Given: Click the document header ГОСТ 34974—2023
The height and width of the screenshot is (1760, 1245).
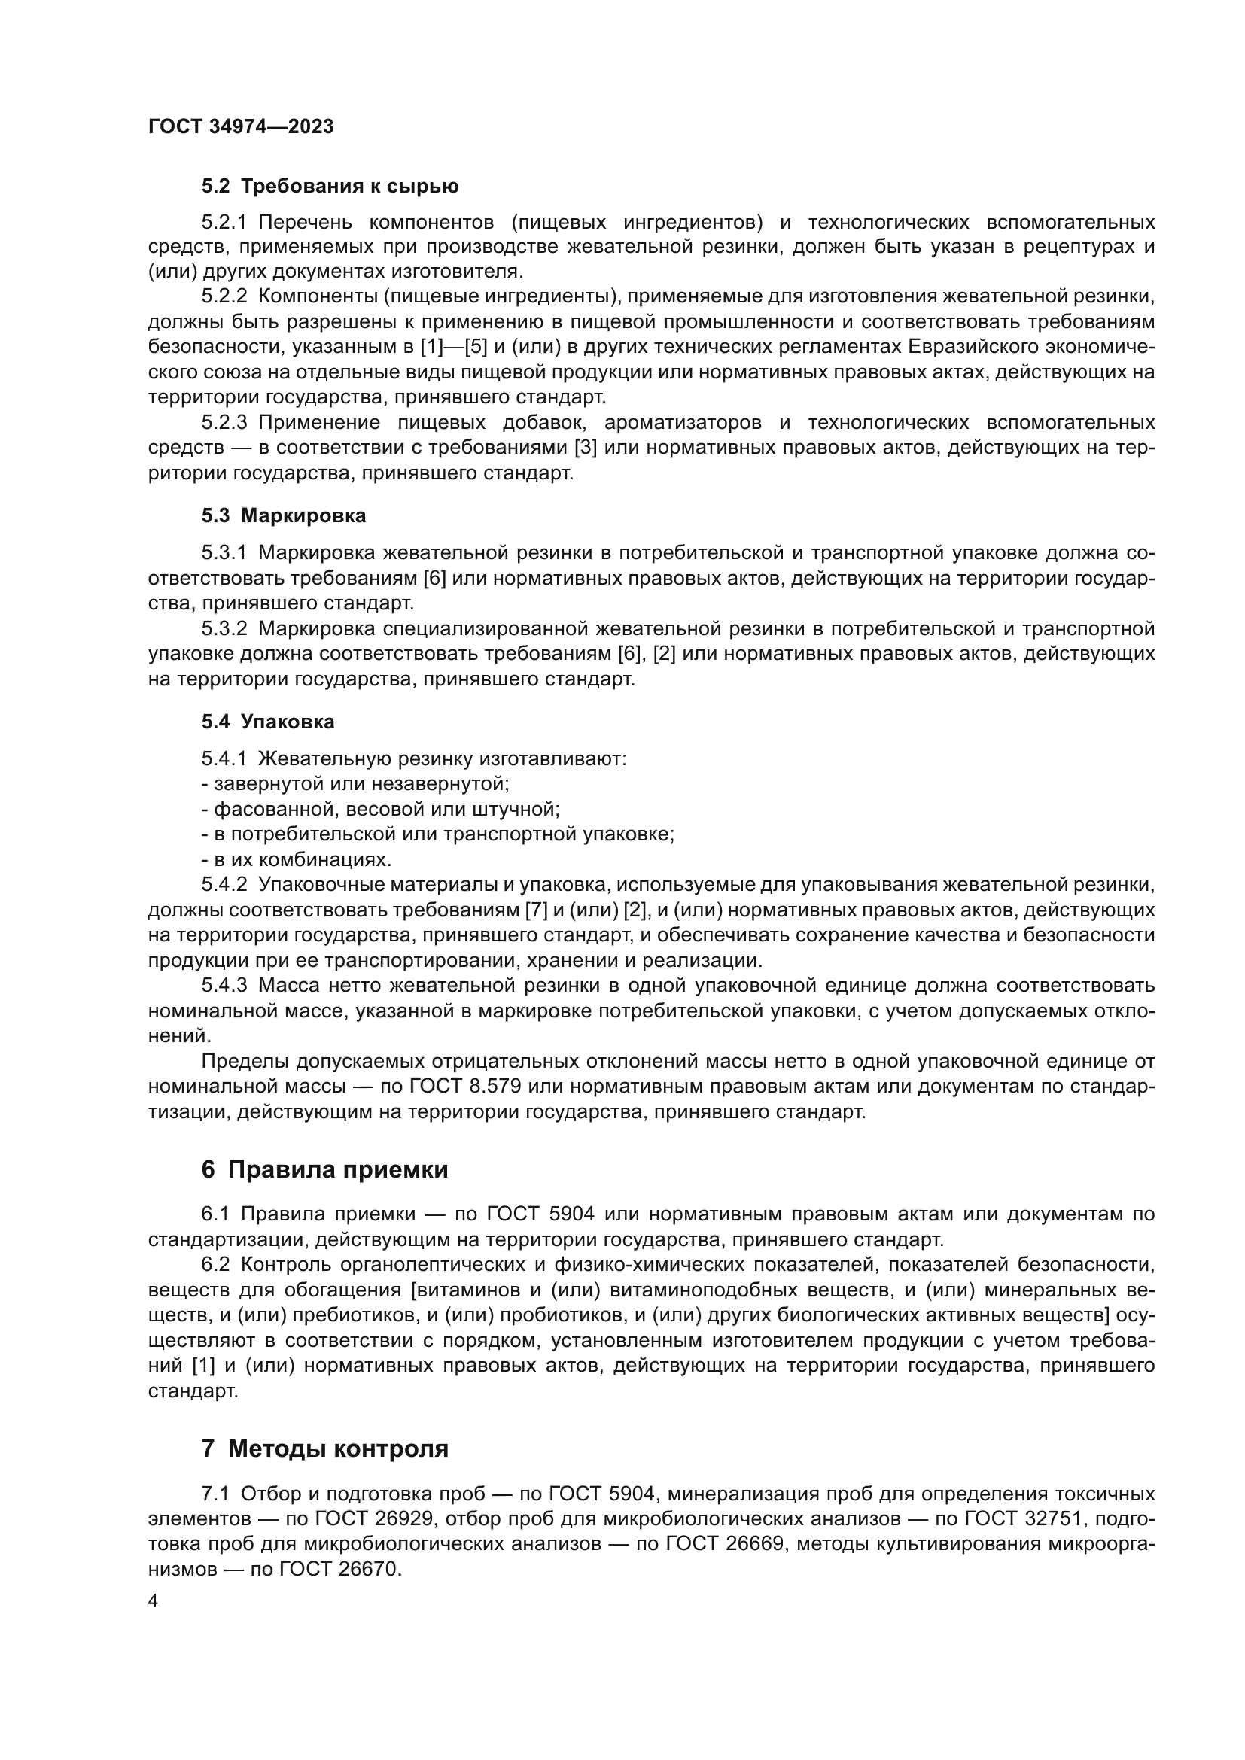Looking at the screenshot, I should point(241,127).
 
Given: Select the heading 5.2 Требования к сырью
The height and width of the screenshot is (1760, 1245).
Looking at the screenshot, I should point(330,187).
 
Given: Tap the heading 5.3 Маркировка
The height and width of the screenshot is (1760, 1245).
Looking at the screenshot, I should point(284,516).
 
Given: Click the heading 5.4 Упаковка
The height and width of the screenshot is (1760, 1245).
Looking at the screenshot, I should point(267,722).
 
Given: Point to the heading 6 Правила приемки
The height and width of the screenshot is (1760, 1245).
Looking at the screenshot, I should point(324,1170).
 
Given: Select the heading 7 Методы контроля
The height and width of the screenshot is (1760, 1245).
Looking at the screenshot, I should point(324,1449).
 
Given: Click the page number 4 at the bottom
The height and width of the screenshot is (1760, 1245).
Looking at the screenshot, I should point(154,1601).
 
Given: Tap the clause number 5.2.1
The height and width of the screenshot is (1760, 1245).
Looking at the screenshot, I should point(224,223).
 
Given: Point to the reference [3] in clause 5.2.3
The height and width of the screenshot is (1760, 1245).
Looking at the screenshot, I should point(586,448).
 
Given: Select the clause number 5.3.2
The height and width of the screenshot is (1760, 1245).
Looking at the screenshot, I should point(224,629).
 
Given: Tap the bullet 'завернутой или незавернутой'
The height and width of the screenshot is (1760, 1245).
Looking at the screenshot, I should point(356,784).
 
